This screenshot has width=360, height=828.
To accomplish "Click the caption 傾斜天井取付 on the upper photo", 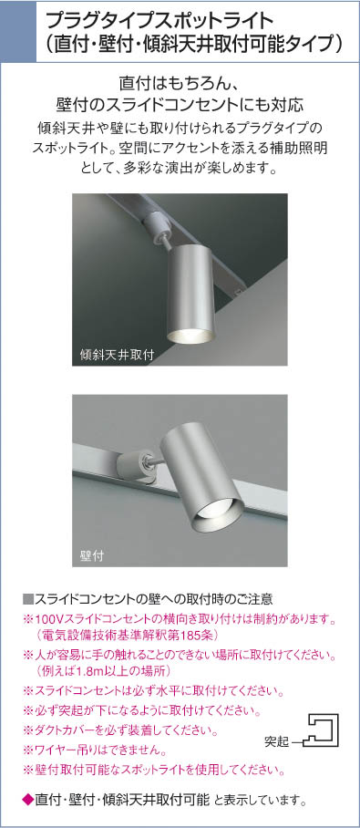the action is click(118, 355).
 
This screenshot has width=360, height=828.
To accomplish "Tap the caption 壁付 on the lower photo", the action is click(91, 555).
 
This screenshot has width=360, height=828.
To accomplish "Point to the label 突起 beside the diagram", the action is click(276, 742).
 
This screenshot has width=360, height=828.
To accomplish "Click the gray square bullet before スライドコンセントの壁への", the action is click(28, 599).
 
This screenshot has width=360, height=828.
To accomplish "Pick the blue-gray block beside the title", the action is click(18, 32).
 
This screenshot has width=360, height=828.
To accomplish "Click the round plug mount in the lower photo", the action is click(132, 465).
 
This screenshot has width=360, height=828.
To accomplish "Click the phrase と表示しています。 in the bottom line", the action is click(262, 800).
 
